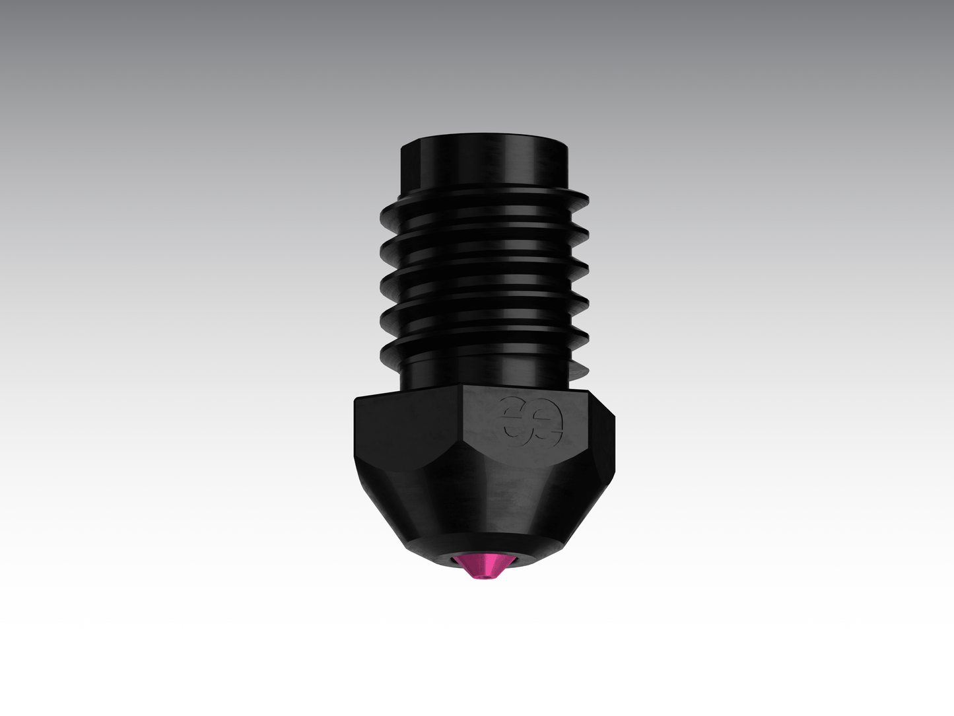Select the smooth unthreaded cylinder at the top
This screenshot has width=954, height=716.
pyautogui.click(x=483, y=162)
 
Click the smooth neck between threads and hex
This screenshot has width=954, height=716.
pyautogui.click(x=484, y=373)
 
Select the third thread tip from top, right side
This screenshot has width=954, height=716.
pyautogui.click(x=586, y=268)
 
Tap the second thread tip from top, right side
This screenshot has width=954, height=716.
pyautogui.click(x=586, y=233)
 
